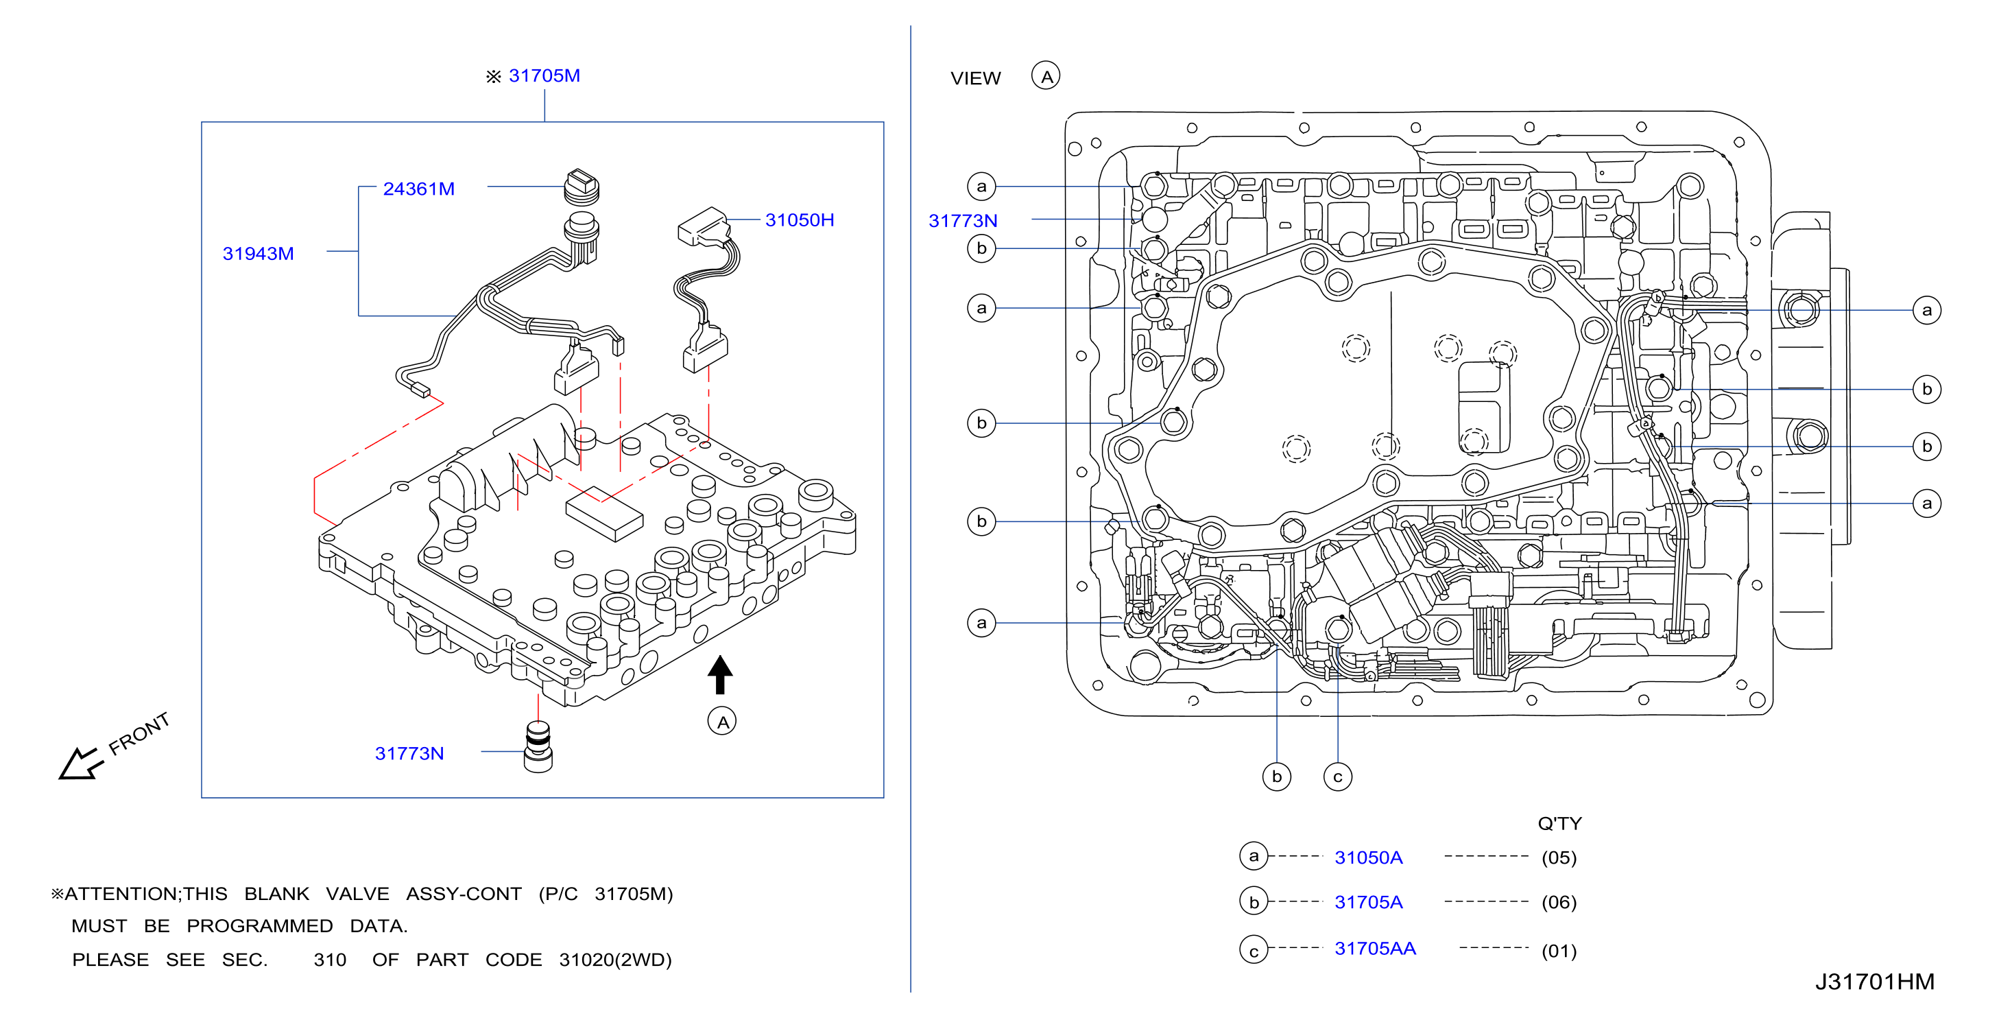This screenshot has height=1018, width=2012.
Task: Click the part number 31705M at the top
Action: (x=544, y=75)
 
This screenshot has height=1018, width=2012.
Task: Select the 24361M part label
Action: (x=418, y=189)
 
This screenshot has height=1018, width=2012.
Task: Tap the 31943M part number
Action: (x=259, y=254)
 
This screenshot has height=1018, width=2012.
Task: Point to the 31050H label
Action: (x=800, y=220)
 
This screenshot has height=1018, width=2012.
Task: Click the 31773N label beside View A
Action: (x=963, y=221)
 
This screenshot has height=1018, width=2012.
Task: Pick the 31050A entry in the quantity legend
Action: (x=1368, y=858)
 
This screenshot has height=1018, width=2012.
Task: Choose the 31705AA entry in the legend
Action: (x=1376, y=949)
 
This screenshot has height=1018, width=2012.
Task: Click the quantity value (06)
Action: (x=1559, y=902)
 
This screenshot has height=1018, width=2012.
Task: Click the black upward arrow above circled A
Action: (x=720, y=674)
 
